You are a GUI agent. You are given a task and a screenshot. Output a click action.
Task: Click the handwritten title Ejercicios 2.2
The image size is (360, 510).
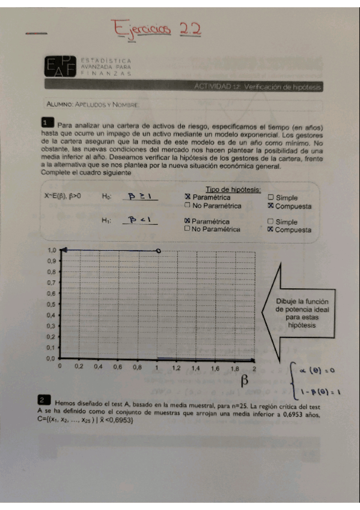pos(156,29)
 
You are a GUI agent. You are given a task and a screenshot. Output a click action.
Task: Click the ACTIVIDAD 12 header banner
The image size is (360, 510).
pos(258,87)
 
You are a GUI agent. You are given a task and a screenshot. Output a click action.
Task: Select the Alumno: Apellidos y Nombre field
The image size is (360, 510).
pos(93,105)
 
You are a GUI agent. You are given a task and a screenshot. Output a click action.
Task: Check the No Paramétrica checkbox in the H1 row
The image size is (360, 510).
pos(188,229)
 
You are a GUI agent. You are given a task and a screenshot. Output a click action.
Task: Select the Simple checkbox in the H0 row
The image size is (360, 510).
pos(270,197)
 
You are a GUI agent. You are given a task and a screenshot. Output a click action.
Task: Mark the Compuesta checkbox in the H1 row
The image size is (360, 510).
pos(270,229)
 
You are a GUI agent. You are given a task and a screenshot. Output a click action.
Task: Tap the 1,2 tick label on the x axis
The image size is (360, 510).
pos(176,366)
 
